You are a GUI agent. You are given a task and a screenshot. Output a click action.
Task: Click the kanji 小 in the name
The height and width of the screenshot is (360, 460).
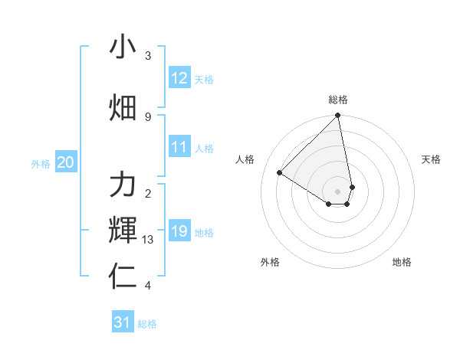[x=123, y=47]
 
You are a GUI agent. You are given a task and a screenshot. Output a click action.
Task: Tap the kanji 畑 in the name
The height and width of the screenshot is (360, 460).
[x=123, y=108]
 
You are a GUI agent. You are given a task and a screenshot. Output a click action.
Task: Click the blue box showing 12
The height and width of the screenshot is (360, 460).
[x=179, y=79]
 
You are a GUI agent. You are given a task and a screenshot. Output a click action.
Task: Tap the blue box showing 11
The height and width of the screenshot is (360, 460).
[x=179, y=148]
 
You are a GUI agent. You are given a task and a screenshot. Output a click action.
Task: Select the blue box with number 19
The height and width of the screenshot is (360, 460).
[x=179, y=231]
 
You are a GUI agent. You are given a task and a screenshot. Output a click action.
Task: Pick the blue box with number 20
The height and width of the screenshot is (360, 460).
[x=66, y=162]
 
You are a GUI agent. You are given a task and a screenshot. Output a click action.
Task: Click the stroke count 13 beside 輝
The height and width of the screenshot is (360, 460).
[x=148, y=240]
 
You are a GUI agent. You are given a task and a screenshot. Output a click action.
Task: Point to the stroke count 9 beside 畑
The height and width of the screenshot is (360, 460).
[x=148, y=116]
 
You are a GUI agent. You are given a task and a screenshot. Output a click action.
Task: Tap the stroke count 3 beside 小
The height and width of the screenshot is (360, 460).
[x=148, y=56]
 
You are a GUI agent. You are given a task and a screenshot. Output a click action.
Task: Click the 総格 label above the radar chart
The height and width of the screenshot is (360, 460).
[x=338, y=100]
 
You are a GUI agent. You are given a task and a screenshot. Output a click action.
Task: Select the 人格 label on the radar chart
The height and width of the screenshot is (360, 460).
[x=245, y=159]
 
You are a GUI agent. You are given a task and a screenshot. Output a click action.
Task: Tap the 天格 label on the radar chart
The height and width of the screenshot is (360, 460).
[x=431, y=159]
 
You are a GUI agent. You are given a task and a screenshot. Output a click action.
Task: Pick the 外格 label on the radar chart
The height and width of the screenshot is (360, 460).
[x=269, y=263]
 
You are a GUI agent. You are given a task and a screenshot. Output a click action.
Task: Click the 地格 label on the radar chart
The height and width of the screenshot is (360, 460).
[x=402, y=263]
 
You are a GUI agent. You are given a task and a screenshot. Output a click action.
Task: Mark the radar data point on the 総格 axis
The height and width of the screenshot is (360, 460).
[x=338, y=116]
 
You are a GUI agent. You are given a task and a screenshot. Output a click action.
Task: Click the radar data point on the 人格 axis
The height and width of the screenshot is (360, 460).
[x=280, y=173]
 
